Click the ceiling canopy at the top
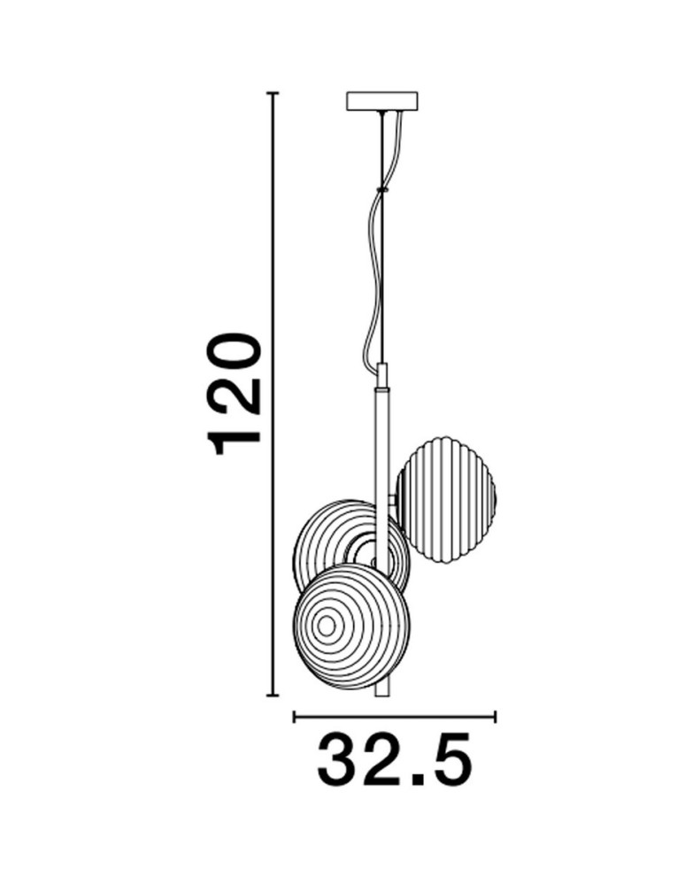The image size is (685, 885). [382, 100]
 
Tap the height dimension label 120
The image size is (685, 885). [234, 393]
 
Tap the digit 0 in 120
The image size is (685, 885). [234, 350]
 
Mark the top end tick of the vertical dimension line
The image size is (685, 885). [273, 92]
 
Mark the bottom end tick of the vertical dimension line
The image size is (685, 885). [273, 695]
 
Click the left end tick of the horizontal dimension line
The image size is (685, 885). [294, 715]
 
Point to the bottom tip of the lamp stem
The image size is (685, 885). [382, 693]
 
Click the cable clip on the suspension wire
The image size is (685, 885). [382, 189]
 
